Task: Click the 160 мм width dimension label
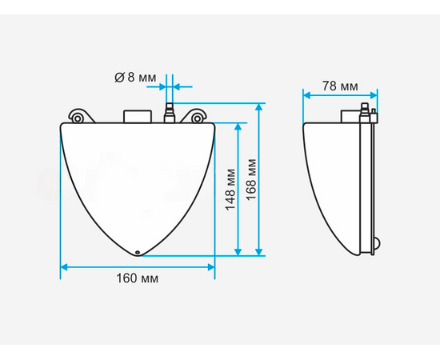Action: pyautogui.click(x=138, y=279)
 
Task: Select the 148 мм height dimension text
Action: pyautogui.click(x=230, y=189)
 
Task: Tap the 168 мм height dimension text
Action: pyautogui.click(x=253, y=180)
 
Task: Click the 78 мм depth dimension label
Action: pyautogui.click(x=340, y=86)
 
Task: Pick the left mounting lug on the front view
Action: pyautogui.click(x=78, y=118)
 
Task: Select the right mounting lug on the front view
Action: pyautogui.click(x=195, y=118)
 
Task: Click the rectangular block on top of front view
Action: pyautogui.click(x=138, y=117)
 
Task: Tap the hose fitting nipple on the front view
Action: pyautogui.click(x=169, y=112)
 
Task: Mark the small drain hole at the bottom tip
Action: pyautogui.click(x=138, y=253)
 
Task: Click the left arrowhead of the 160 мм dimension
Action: pyautogui.click(x=65, y=266)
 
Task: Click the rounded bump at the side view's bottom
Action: pyautogui.click(x=378, y=245)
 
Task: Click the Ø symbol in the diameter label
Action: pyautogui.click(x=118, y=78)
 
